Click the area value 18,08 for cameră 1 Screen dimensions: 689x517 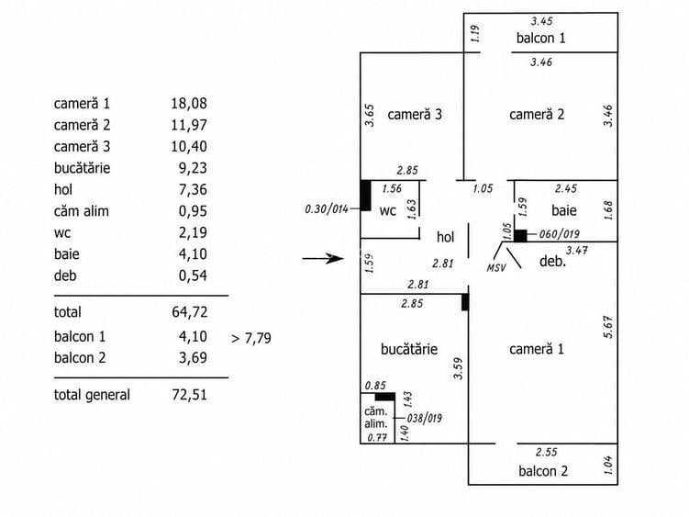point(189,104)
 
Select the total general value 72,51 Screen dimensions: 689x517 point(189,395)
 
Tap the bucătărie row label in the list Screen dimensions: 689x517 point(83,168)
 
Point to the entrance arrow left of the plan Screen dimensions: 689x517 point(323,258)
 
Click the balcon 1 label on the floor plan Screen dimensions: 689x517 point(541,39)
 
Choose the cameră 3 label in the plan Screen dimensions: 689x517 point(415,115)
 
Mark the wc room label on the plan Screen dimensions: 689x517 point(387,211)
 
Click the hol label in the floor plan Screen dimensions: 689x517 point(445,237)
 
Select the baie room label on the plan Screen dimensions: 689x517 point(563,210)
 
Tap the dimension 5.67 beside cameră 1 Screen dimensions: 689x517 point(607,327)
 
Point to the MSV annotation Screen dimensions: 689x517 point(496,267)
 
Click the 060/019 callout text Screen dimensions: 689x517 point(559,234)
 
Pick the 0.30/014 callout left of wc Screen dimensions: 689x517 point(327,208)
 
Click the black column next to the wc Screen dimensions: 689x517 point(365,196)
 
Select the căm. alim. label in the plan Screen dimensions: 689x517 point(376,418)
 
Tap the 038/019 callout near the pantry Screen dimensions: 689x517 point(424,418)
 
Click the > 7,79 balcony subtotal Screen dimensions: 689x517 point(250,338)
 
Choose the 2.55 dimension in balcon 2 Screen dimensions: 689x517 point(546,452)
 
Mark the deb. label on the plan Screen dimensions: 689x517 point(552,262)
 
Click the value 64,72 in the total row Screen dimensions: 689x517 point(189,312)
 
